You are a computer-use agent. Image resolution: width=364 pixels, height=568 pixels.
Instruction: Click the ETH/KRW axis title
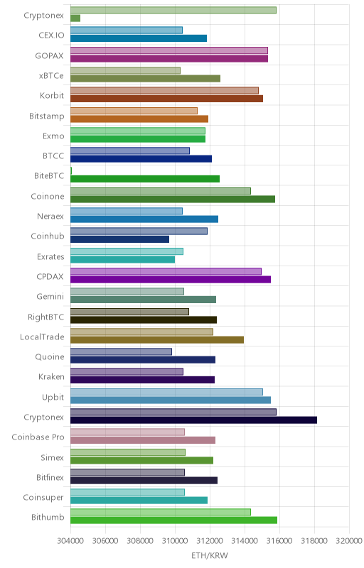tap(210, 555)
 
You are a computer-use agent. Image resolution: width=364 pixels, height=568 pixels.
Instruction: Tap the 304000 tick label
tap(70, 541)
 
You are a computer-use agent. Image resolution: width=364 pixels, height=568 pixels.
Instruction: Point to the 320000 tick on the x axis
tap(349, 541)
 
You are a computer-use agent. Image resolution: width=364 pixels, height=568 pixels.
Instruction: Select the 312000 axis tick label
tap(210, 541)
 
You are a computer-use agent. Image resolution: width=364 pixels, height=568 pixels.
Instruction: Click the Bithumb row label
tap(48, 517)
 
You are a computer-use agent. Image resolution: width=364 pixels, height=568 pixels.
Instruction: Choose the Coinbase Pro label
tap(38, 437)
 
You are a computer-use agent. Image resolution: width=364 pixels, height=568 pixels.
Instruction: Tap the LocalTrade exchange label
tap(42, 337)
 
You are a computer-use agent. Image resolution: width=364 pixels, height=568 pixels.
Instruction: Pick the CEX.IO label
tap(51, 35)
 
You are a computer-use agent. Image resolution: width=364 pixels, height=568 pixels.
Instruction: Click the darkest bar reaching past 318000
tap(193, 420)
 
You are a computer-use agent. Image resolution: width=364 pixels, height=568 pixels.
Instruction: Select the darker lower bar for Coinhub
tap(119, 239)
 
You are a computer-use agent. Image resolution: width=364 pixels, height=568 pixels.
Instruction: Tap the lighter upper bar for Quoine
tap(121, 351)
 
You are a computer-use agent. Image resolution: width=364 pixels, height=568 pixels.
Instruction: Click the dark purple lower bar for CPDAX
tap(171, 279)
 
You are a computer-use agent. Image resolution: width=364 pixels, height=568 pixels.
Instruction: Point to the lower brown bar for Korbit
tap(166, 99)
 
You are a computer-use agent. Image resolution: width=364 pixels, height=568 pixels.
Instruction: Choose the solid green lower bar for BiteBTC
tap(145, 179)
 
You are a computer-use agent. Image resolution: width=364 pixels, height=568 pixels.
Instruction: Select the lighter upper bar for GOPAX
tap(169, 50)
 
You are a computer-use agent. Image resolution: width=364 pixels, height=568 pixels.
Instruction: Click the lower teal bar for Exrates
tap(122, 259)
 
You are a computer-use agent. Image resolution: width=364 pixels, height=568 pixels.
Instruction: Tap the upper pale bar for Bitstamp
tap(134, 111)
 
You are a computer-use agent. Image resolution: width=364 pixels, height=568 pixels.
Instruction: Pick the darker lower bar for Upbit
tap(171, 400)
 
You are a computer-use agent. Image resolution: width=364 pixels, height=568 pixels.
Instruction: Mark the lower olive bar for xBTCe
tap(145, 78)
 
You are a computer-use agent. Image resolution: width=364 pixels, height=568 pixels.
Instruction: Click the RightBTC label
tap(46, 317)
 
